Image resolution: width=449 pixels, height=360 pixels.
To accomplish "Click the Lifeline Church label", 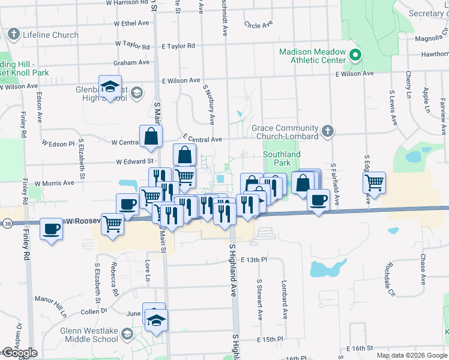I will pos(50,35).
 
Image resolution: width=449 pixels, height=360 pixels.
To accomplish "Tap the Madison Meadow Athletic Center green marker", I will pos(355,56).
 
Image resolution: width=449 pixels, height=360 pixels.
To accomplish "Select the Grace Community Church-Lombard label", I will pos(285,132).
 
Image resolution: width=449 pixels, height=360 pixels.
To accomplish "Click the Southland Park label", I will pos(282,158).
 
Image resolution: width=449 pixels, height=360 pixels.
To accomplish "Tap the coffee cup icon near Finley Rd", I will pos(52,229).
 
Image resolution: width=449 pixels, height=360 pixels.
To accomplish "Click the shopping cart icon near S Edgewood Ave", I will pos(375,182).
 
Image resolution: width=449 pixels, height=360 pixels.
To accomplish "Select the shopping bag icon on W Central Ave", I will pos(151,136).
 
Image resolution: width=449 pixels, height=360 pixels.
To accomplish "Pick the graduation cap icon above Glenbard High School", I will pos(110,86).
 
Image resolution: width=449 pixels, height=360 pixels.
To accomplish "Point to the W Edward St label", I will pos(135,161).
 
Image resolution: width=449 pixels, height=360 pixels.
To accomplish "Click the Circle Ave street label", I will pos(259,25).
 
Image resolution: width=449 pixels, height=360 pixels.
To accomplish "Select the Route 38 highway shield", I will pos(6,222).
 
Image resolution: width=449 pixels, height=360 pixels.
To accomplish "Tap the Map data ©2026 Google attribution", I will pos(411,355).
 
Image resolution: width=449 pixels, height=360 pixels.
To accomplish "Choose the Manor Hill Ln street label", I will pos(54,305).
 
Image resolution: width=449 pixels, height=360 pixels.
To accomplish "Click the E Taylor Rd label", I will pos(178,46).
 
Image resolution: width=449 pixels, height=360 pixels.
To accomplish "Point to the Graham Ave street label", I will pos(132,62).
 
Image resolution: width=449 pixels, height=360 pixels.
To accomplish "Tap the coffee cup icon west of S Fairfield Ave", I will pos(318,199).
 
